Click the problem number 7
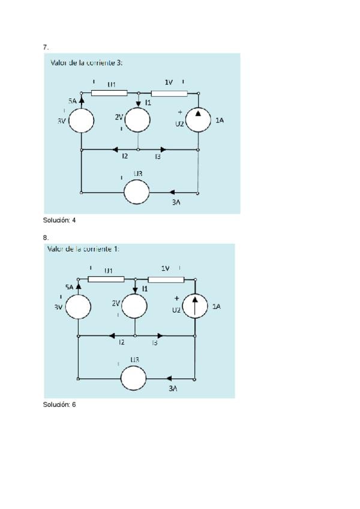(46, 46)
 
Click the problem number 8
(46, 237)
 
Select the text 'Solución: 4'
(59, 220)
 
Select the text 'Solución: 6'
(59, 405)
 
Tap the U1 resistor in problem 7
(109, 93)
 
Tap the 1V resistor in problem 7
(169, 93)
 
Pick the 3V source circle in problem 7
(81, 120)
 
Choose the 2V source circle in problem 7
(138, 120)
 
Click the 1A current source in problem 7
(198, 120)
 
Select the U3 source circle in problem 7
(137, 193)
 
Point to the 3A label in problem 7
(176, 203)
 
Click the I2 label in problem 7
(125, 157)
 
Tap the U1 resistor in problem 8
(106, 279)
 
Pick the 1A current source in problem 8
(195, 306)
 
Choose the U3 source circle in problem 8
(134, 378)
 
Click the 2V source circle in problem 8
(134, 306)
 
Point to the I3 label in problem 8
(155, 343)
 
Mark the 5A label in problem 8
(70, 288)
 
